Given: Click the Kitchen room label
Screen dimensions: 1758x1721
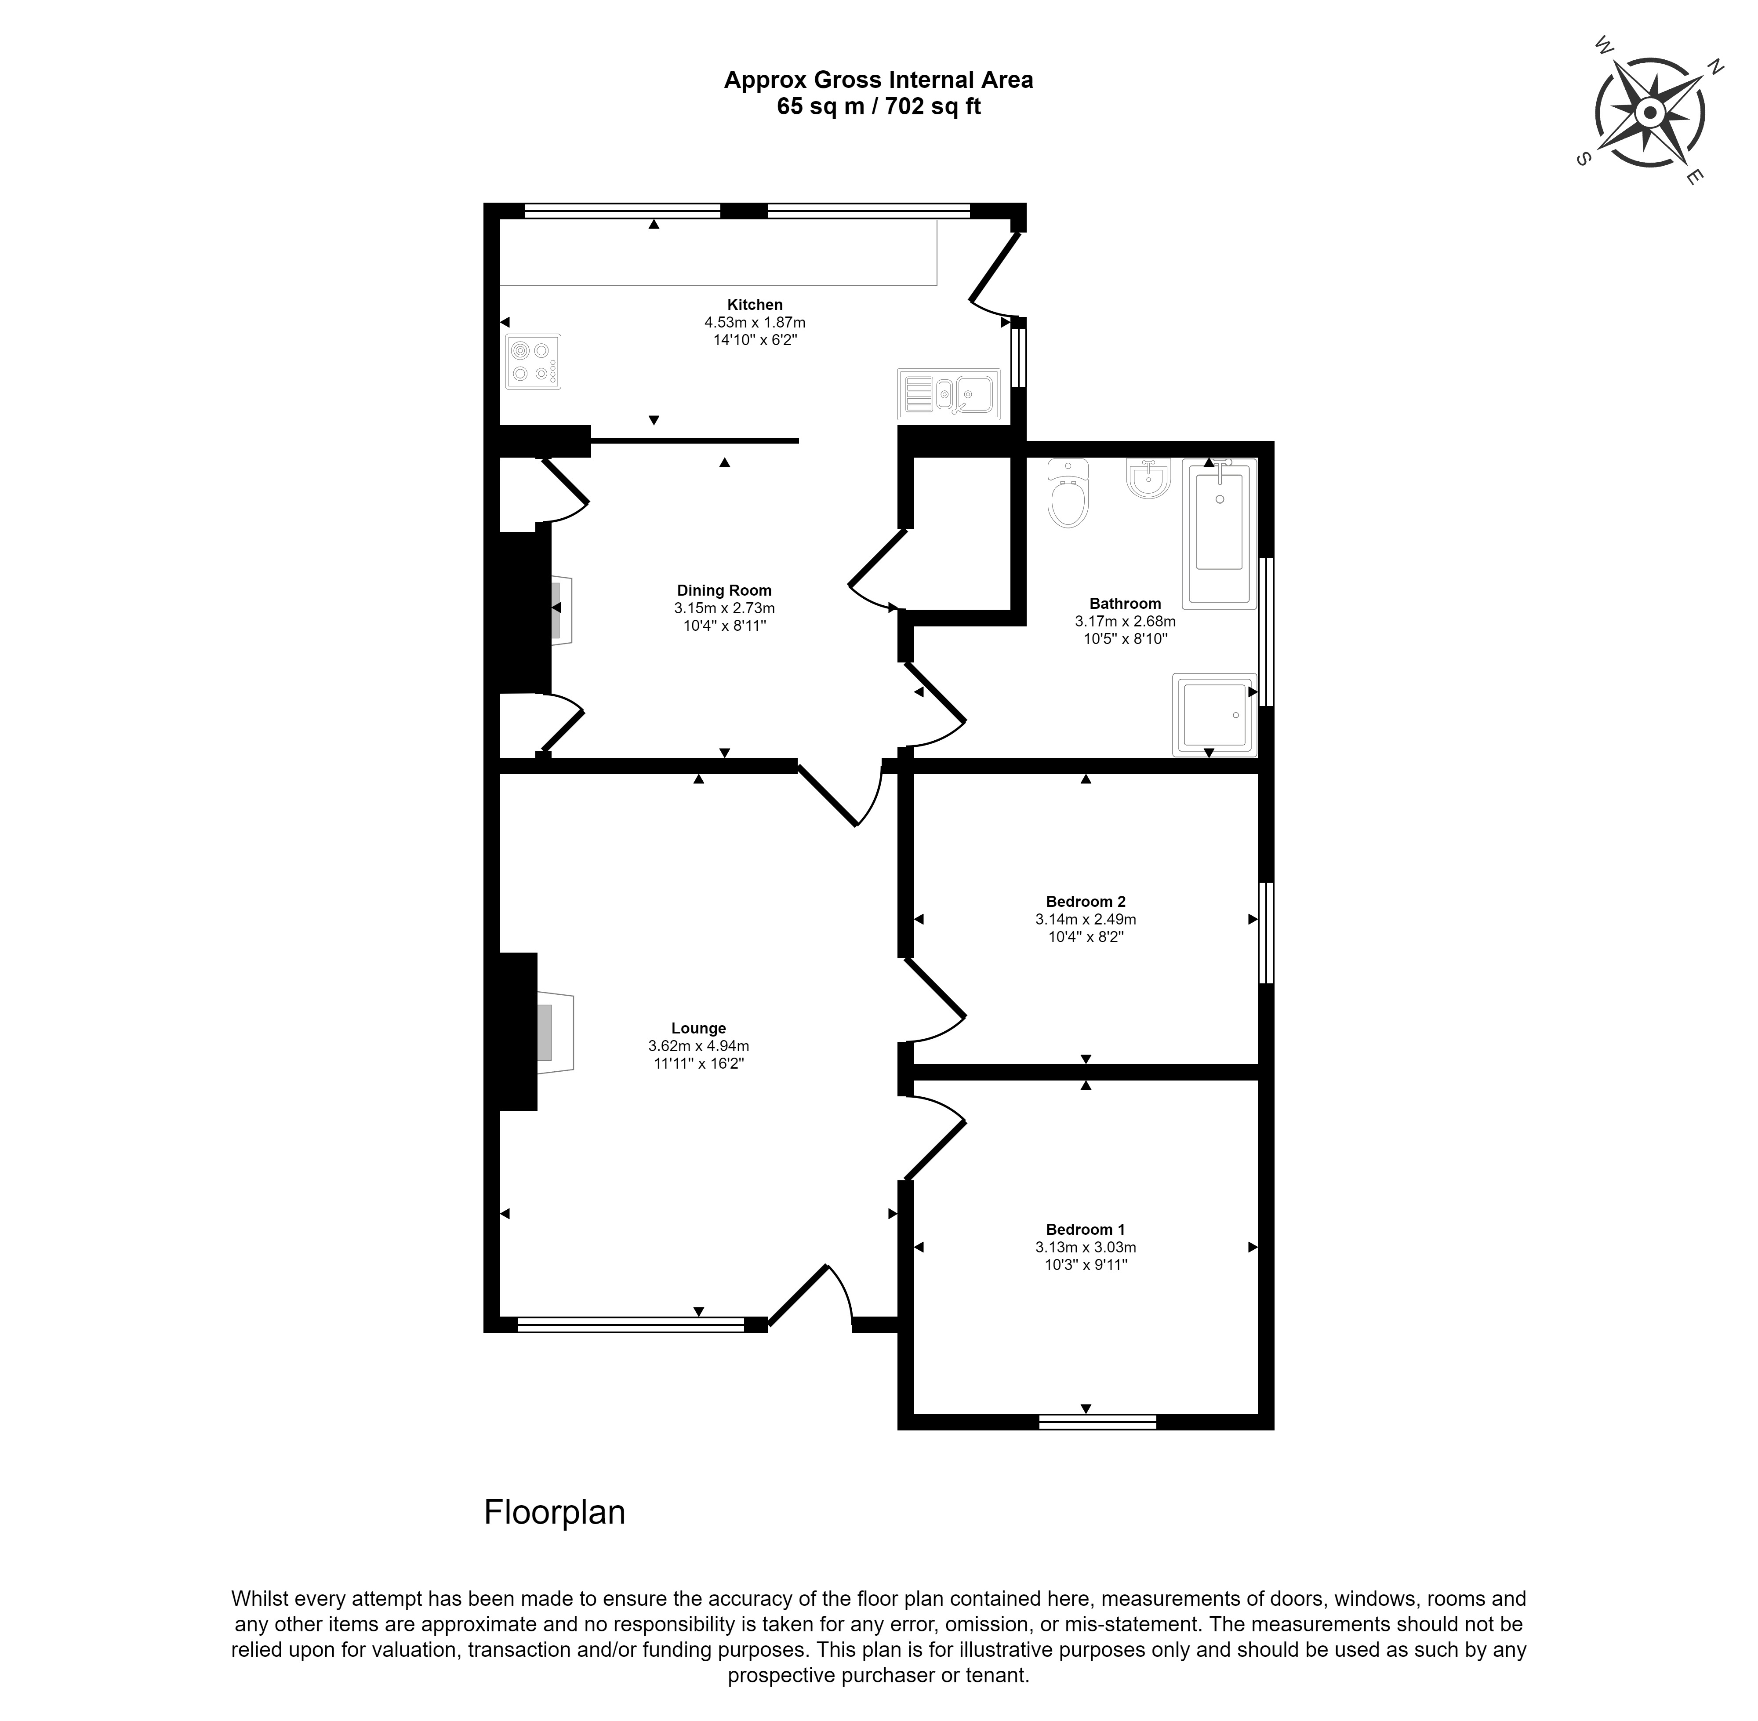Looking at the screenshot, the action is tap(755, 305).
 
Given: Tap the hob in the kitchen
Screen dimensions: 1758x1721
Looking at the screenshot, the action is tap(533, 361).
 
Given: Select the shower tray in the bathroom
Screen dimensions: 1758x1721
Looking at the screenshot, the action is tap(1214, 714).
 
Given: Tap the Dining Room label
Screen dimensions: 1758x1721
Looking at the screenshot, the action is tap(725, 590).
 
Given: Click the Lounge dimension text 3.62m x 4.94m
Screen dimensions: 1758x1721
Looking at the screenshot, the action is tap(699, 1046).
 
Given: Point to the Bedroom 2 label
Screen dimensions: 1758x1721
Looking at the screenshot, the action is tap(1086, 901).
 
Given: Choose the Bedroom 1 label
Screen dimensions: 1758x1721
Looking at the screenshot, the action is tap(1086, 1229).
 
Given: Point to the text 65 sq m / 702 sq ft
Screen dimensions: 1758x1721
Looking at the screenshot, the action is tap(879, 107).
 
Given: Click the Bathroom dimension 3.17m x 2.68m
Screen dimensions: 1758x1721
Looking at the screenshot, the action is tap(1125, 621).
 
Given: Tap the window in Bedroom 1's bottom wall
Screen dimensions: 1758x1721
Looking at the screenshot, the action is tap(1097, 1422).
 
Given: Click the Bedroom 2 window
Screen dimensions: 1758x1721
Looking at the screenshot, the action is tap(1266, 933).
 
